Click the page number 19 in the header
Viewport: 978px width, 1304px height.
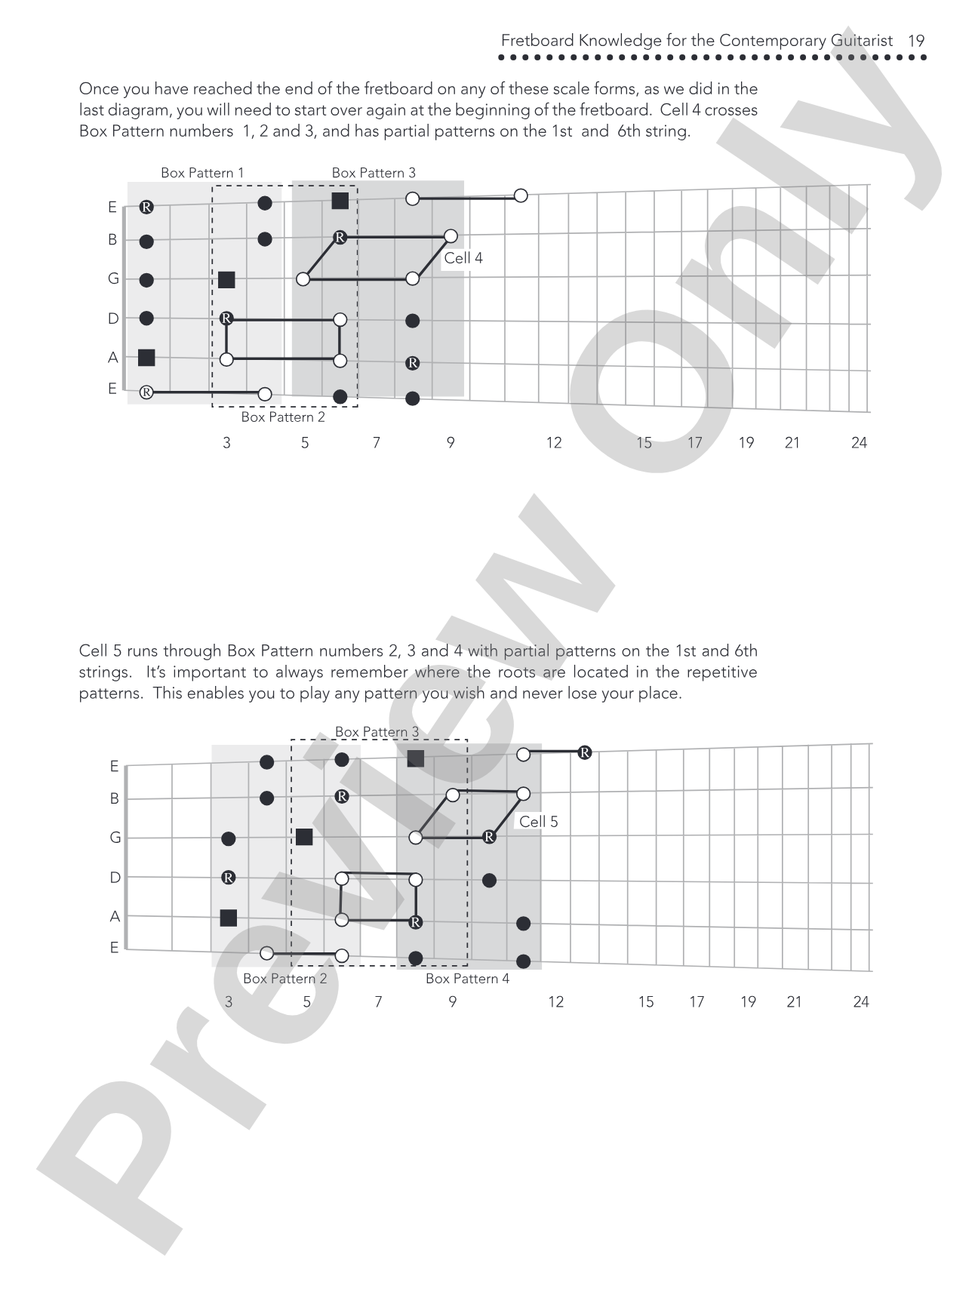(916, 41)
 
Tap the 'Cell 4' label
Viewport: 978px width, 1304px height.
(463, 258)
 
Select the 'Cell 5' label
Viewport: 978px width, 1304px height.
(539, 822)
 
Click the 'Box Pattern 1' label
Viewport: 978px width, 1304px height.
(202, 173)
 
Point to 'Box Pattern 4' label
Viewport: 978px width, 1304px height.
(467, 979)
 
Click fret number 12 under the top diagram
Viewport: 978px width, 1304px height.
(554, 443)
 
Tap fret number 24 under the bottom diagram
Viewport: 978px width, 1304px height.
(861, 1002)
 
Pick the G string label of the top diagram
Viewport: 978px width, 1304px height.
(113, 279)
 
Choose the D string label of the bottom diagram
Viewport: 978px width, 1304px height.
(115, 878)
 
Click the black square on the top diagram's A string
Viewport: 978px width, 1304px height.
(146, 358)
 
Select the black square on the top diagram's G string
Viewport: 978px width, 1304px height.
(226, 280)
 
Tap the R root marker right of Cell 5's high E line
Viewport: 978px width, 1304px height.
(584, 752)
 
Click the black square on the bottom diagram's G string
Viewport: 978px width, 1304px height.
(304, 837)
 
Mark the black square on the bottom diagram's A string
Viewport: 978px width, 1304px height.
(228, 918)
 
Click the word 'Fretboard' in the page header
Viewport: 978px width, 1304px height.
(537, 41)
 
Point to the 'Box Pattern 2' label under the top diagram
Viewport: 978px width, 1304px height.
(283, 417)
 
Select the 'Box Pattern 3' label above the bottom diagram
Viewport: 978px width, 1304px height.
(377, 732)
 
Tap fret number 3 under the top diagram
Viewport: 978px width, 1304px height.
(226, 443)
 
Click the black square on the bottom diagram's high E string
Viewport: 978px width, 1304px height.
(415, 758)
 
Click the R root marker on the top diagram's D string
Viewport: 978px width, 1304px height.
(226, 318)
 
